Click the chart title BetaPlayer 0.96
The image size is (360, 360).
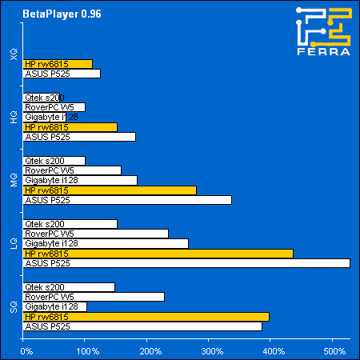click(56, 14)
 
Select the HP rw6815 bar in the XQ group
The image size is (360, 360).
click(58, 64)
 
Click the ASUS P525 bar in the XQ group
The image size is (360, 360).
click(62, 74)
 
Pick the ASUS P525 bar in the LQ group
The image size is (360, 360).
click(187, 263)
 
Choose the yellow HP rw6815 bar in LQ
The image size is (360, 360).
click(158, 253)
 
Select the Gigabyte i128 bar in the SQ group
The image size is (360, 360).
click(56, 306)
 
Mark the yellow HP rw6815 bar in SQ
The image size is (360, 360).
click(147, 317)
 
